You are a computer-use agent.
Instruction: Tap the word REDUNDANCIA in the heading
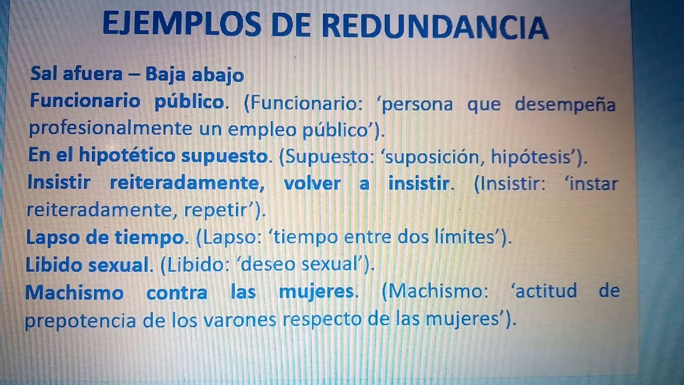[436, 27]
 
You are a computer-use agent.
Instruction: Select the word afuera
[92, 74]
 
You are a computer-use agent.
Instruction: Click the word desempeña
[565, 104]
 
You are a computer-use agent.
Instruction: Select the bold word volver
[312, 183]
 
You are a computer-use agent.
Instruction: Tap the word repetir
[219, 210]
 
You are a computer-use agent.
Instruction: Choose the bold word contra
[177, 292]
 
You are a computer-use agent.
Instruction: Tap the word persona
[417, 104]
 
